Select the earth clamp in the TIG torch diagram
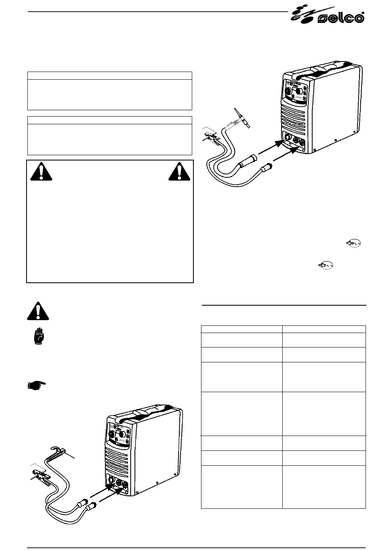tap(211, 136)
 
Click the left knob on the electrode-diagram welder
tap(111, 435)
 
